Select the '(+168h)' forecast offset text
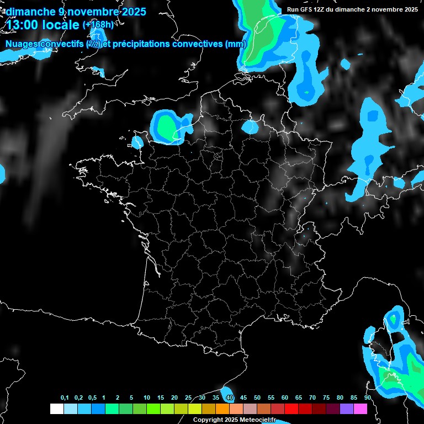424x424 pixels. [98, 25]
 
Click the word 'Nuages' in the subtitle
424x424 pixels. [23, 44]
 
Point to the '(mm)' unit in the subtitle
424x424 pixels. [235, 44]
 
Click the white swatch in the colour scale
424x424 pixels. [56, 409]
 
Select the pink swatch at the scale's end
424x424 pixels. [361, 409]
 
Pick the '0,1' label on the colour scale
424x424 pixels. [65, 398]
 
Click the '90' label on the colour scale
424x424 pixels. [367, 398]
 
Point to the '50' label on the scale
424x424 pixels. [257, 398]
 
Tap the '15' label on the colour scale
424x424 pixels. [161, 398]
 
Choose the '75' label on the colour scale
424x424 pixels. [326, 398]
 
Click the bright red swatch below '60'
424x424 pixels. [291, 409]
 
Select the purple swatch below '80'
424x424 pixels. [347, 409]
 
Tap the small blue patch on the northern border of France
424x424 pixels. [250, 127]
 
